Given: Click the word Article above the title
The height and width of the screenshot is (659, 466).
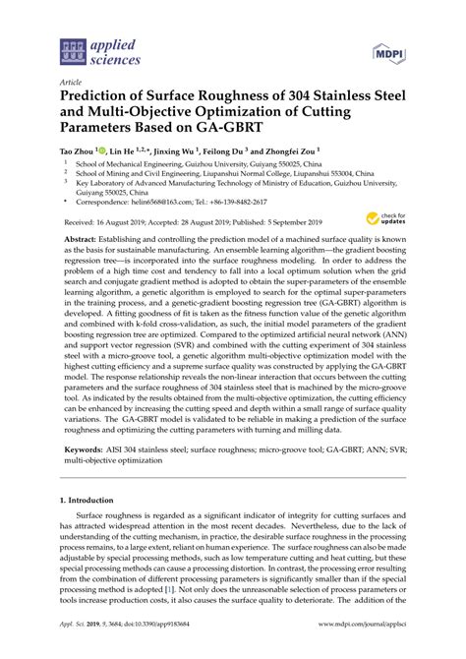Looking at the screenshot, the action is pos(71,84).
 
